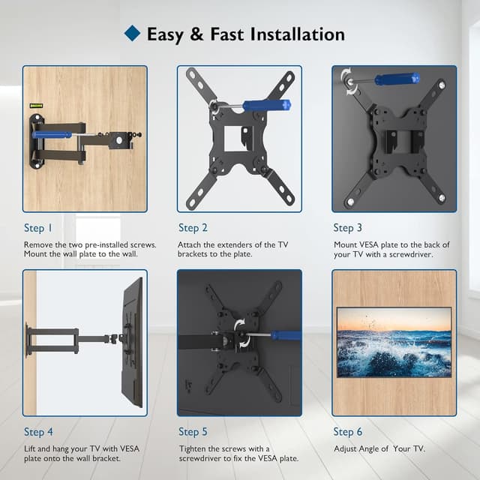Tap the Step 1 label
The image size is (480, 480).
[38, 228]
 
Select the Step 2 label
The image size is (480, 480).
[193, 228]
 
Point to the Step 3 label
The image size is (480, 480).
[348, 228]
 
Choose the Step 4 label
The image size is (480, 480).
[38, 431]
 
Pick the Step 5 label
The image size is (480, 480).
[193, 431]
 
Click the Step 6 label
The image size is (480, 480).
[348, 431]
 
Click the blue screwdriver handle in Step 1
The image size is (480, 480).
[52, 135]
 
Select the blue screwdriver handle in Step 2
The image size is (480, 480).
[266, 106]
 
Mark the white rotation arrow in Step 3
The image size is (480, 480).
[345, 76]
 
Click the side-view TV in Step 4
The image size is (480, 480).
[133, 341]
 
